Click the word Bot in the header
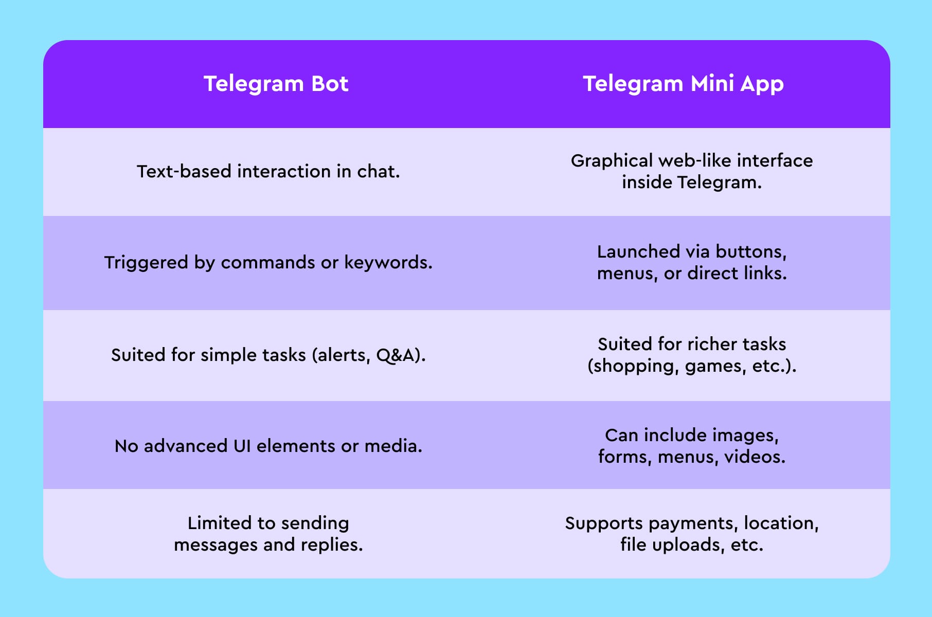(330, 84)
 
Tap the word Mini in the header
(712, 84)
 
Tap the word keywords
(388, 263)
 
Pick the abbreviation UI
(242, 446)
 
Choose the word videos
(755, 457)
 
